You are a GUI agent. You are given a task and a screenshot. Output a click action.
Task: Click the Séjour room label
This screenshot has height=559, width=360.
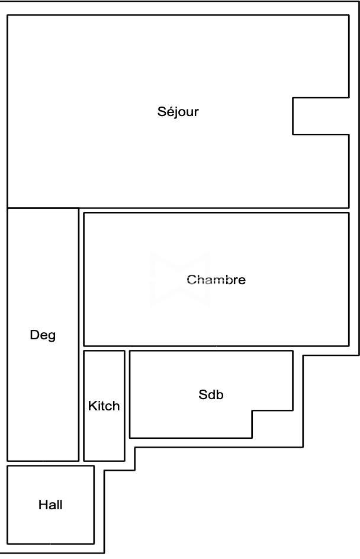(178, 112)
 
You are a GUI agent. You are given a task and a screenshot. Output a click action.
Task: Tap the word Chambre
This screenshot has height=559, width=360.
(216, 279)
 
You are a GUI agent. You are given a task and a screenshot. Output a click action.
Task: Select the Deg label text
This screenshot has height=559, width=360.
(43, 336)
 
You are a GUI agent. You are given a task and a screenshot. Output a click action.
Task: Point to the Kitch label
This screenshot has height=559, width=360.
(104, 406)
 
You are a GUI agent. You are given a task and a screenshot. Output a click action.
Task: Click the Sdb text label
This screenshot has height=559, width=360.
(211, 394)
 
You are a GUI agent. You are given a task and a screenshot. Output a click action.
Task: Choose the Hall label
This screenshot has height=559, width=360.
(50, 505)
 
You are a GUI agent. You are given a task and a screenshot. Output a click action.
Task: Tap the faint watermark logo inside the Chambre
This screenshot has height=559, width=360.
(180, 280)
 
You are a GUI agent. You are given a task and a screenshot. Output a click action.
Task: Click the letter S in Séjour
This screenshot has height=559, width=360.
(162, 111)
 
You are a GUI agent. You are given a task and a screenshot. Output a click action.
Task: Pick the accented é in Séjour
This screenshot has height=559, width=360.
(171, 112)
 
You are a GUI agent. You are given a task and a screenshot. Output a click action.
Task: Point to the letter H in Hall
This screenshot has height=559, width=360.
(43, 505)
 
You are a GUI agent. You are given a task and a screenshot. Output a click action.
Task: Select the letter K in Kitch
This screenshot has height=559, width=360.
(92, 406)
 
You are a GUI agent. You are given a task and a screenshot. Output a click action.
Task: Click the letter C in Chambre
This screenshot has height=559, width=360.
(192, 279)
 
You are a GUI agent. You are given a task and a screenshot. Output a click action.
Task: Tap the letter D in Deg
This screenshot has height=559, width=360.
(35, 335)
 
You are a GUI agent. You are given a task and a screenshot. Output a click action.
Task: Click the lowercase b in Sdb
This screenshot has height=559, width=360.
(220, 394)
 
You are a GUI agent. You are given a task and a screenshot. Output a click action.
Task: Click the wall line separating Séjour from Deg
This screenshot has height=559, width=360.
(43, 208)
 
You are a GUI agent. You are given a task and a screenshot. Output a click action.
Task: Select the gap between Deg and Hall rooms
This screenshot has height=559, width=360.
(50, 464)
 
